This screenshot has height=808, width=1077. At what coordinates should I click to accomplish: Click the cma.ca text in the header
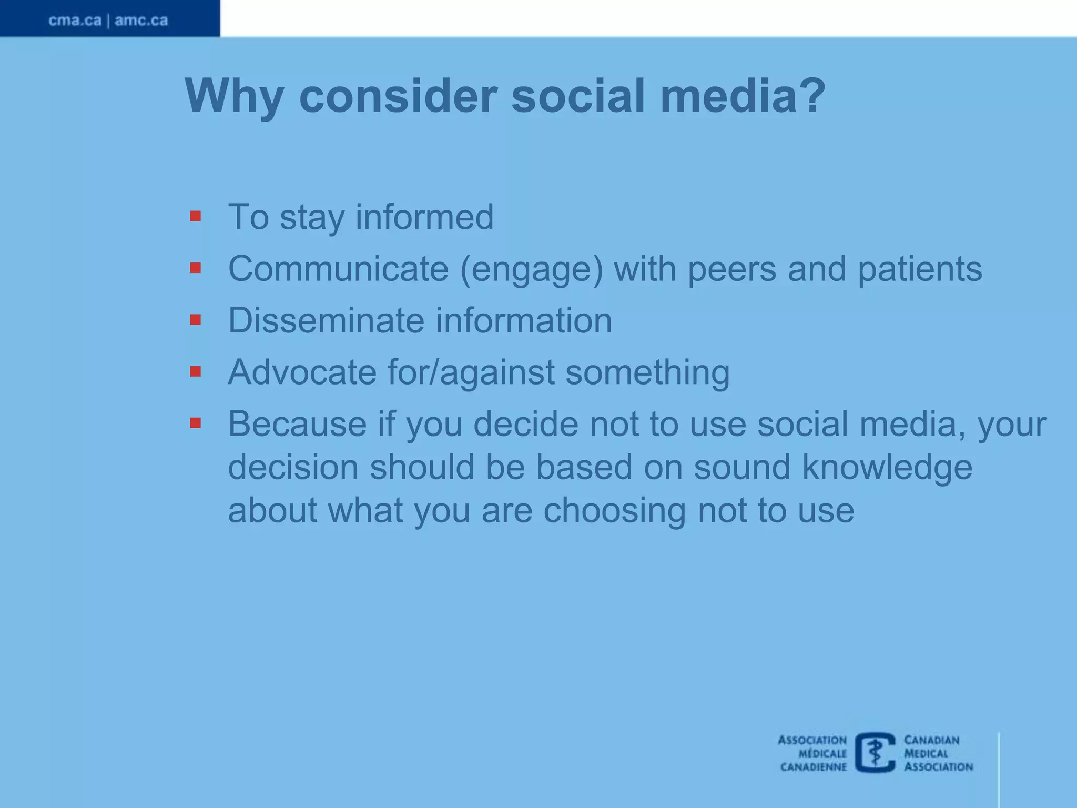point(75,21)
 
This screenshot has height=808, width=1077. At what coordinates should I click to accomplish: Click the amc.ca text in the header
point(141,21)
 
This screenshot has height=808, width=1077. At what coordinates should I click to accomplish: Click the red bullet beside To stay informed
point(196,216)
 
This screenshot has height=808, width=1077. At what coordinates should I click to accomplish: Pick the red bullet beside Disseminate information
point(196,320)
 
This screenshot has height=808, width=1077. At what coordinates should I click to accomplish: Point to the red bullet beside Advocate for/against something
point(196,372)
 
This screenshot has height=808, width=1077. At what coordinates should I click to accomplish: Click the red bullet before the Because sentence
point(196,423)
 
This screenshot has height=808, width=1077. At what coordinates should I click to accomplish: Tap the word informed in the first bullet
point(424,217)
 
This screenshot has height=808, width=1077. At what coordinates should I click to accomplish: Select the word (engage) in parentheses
point(532,269)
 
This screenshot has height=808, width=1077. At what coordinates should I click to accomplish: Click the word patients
point(920,269)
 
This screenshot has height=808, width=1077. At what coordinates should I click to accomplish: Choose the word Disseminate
point(326,320)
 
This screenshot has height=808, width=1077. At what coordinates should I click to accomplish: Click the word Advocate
point(302,372)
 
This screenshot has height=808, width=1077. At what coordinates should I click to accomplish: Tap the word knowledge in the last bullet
point(887,467)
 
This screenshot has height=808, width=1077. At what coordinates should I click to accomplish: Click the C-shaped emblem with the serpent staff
point(875,753)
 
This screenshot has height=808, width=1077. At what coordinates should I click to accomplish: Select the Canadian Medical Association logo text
point(938,753)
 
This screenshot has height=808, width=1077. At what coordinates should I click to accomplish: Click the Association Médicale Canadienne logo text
point(813,753)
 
